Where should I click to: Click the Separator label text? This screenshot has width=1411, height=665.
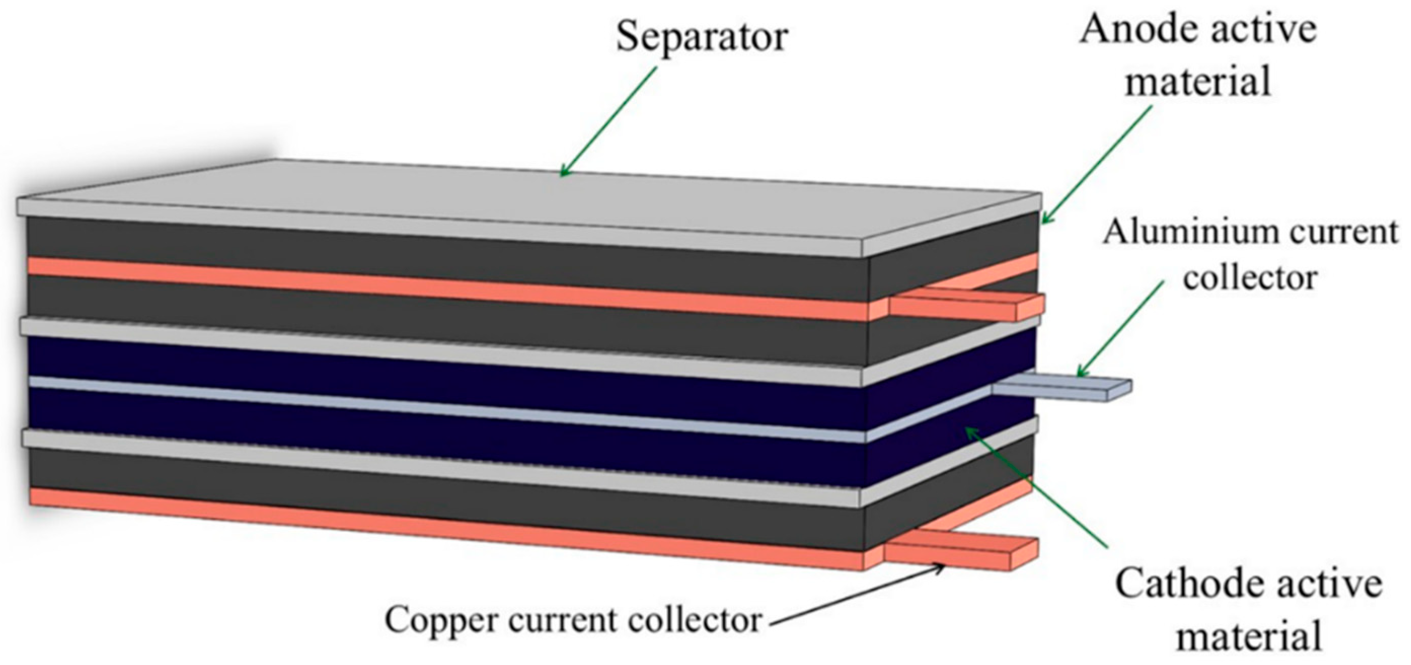[x=702, y=37]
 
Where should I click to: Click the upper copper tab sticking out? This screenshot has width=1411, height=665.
[x=967, y=307]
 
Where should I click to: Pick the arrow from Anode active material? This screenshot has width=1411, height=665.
[x=1095, y=164]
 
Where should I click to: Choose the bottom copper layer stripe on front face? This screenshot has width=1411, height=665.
[x=438, y=526]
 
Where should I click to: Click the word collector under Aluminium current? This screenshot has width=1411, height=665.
[x=1249, y=278]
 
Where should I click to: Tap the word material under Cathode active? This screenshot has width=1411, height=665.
[x=1249, y=636]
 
